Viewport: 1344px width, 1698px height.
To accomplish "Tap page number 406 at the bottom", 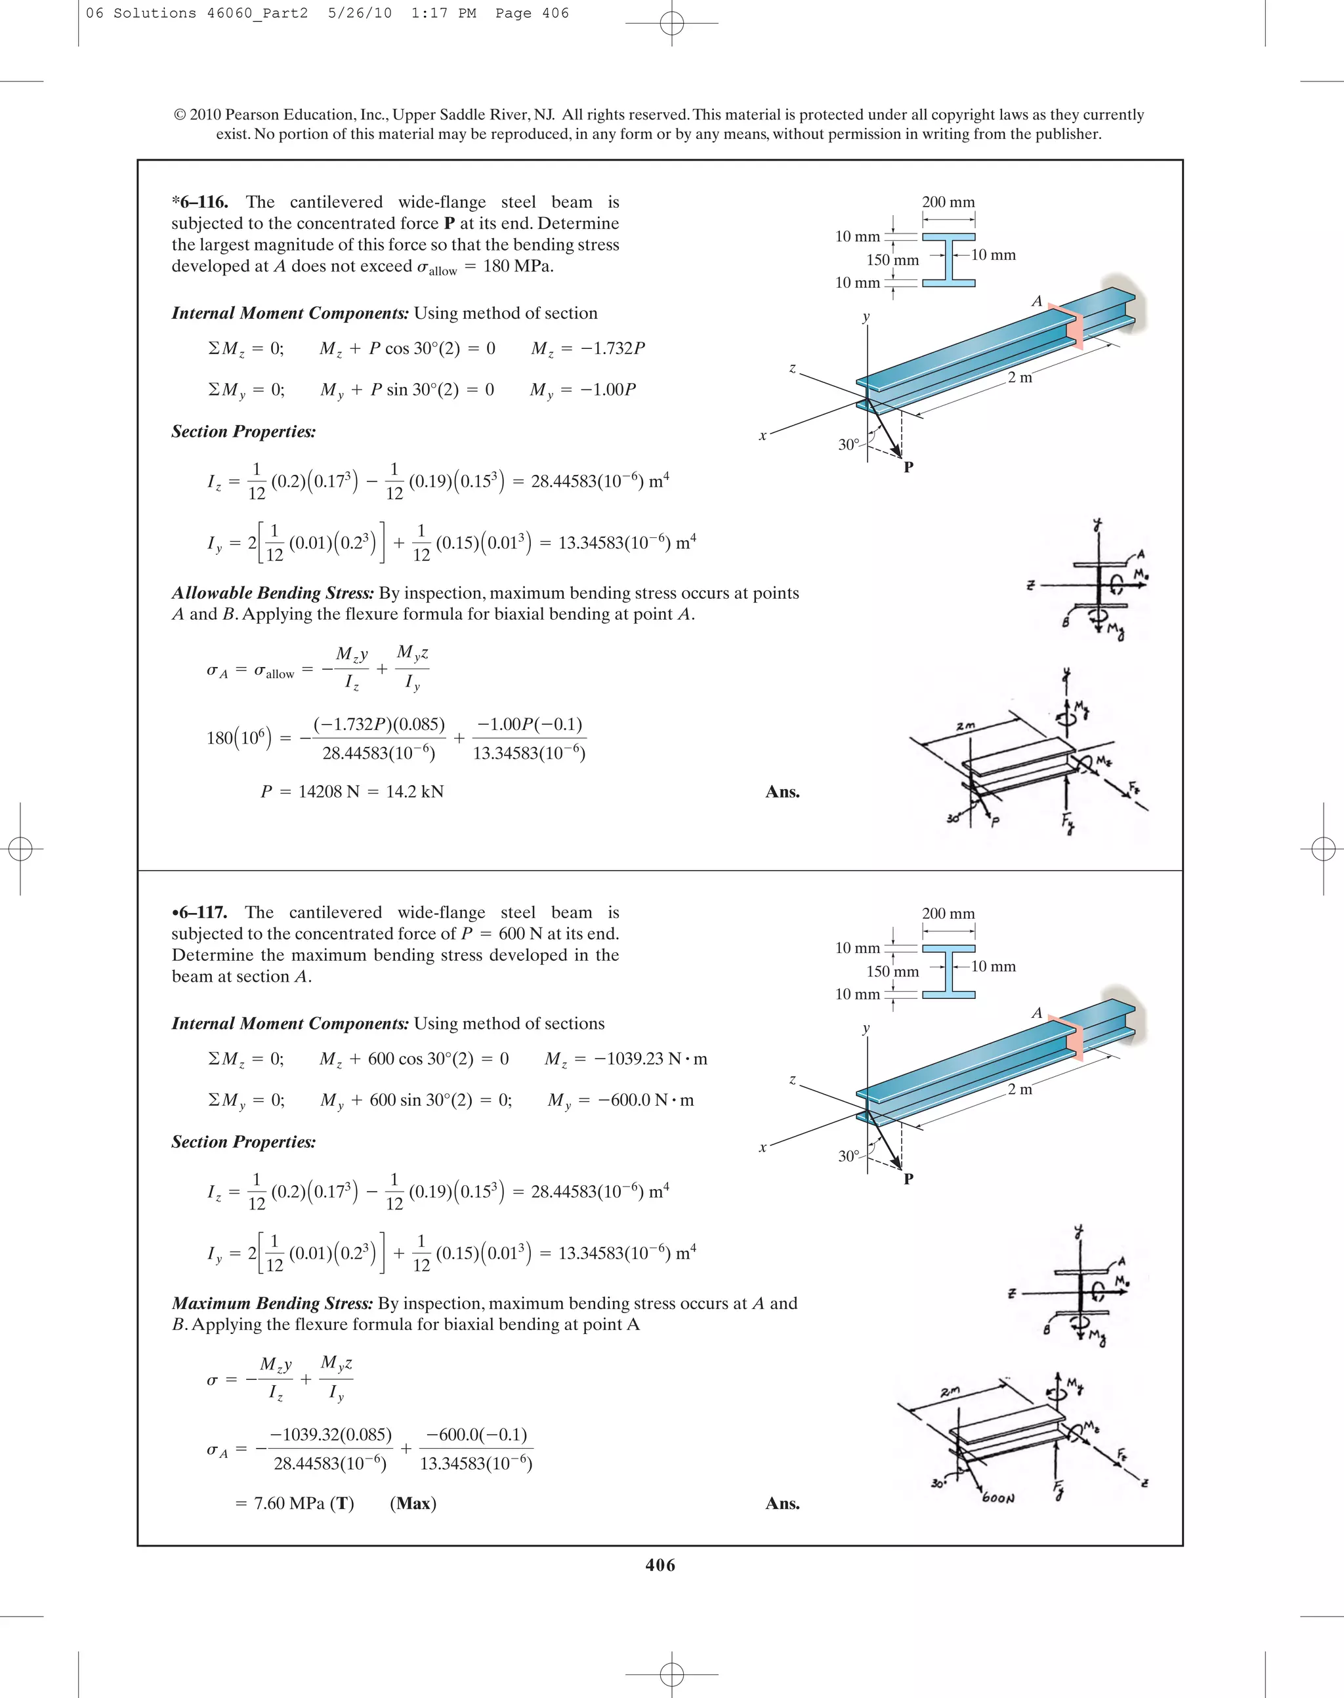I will tap(660, 1564).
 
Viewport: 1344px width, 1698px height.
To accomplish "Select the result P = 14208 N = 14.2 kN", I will tap(352, 791).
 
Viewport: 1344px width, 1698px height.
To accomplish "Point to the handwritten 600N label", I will tap(999, 1497).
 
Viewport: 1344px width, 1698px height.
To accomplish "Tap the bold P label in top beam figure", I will tap(908, 467).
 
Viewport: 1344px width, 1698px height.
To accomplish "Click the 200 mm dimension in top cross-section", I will tap(948, 202).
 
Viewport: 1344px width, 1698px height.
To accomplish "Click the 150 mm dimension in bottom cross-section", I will tap(892, 971).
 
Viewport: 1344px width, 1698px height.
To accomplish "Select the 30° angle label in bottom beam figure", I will tap(849, 1156).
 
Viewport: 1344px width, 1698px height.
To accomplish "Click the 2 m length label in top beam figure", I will tap(1020, 378).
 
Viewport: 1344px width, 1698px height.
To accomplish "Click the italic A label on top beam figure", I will tap(1036, 301).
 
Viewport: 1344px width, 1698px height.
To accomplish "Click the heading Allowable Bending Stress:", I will tap(272, 593).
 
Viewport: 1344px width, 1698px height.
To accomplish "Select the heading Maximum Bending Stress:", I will tap(272, 1303).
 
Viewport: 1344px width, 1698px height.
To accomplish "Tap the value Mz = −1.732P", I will tap(588, 348).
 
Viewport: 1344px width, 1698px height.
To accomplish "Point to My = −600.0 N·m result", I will tap(621, 1101).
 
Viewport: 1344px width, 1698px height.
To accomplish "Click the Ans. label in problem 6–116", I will tap(782, 792).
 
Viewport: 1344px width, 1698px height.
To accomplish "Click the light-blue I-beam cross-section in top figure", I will tap(948, 260).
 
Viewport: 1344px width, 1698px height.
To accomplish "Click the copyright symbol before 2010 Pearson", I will tap(179, 115).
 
